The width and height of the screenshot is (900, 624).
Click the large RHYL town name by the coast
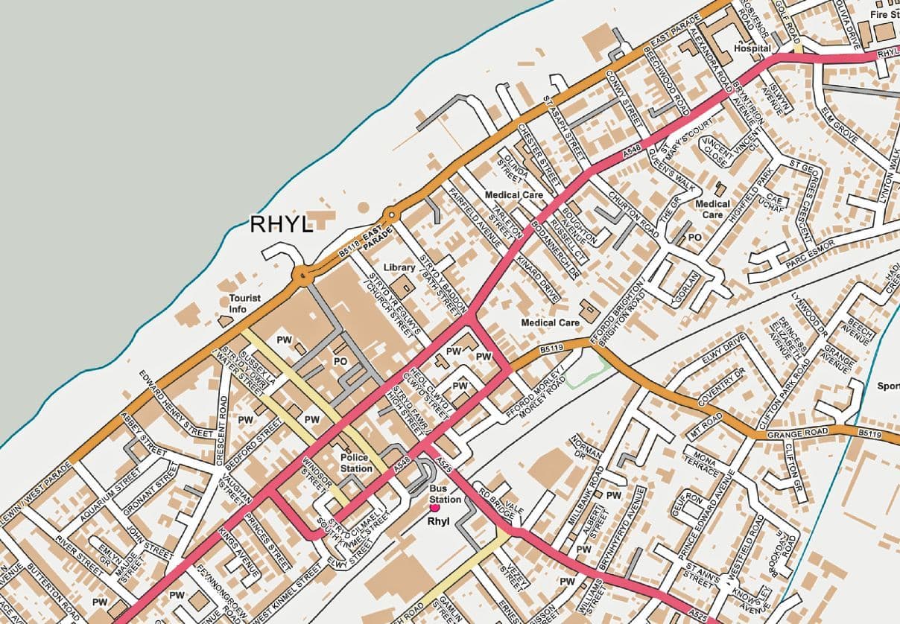281,224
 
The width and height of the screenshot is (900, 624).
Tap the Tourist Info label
245,303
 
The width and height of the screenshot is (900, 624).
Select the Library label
399,267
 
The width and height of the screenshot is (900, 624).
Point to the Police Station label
356,462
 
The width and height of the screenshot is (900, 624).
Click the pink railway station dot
434,508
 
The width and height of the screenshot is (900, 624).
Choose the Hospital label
752,48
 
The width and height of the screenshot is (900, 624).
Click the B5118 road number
349,252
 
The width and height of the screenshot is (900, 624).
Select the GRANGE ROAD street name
796,433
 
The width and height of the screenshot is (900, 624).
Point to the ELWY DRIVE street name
723,351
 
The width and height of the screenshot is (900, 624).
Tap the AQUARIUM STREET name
118,486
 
